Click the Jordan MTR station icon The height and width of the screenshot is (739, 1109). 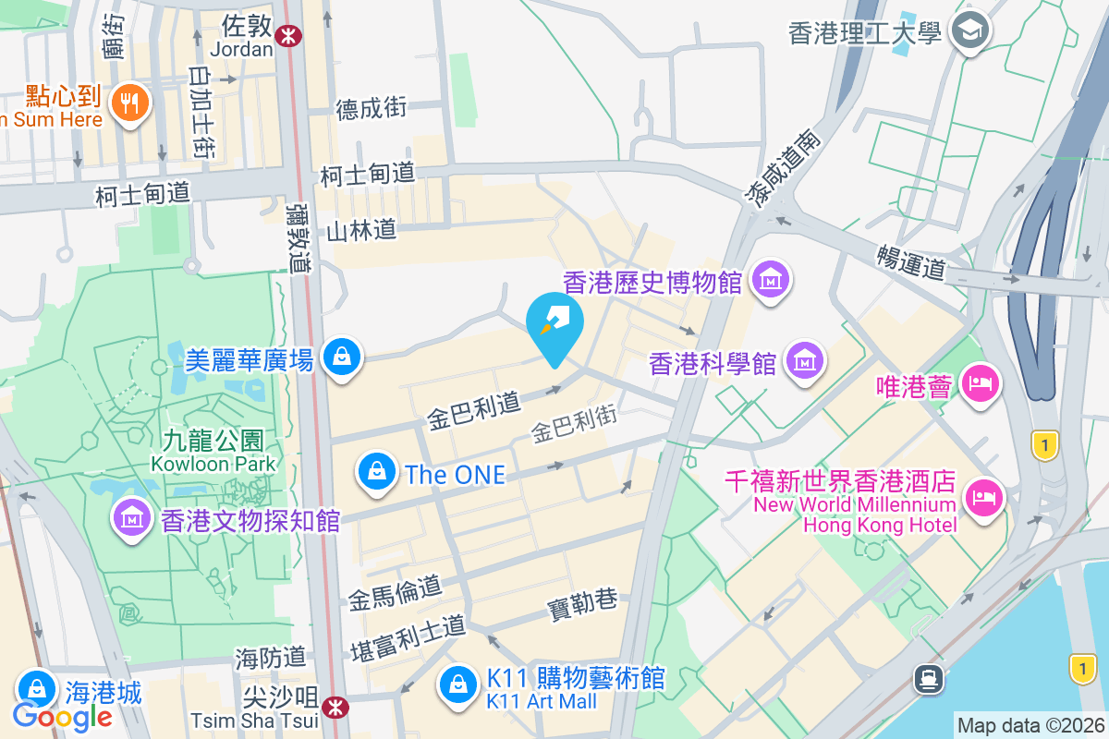pyautogui.click(x=289, y=36)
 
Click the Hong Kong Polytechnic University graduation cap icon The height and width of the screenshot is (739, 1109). pyautogui.click(x=972, y=31)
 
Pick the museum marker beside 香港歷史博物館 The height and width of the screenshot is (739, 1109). pyautogui.click(x=770, y=277)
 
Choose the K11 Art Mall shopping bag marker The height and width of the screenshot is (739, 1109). pyautogui.click(x=457, y=684)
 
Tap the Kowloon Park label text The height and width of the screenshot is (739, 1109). pyautogui.click(x=216, y=464)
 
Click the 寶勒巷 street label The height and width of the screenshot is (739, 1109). pyautogui.click(x=582, y=601)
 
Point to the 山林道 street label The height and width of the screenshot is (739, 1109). pyautogui.click(x=361, y=230)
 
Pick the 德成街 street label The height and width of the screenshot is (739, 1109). pyautogui.click(x=371, y=109)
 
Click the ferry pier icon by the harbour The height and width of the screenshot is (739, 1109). pyautogui.click(x=928, y=679)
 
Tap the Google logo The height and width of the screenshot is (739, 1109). pyautogui.click(x=62, y=716)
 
